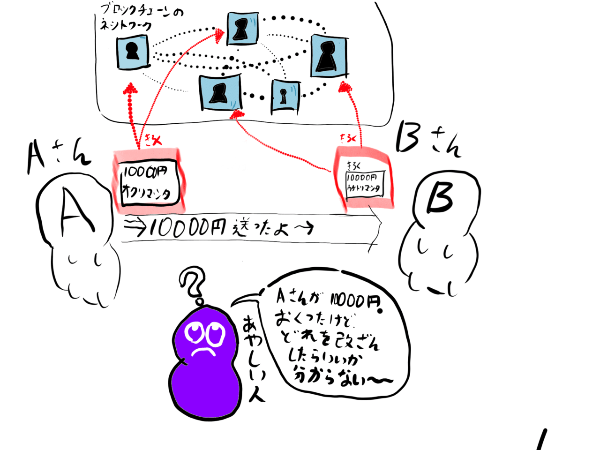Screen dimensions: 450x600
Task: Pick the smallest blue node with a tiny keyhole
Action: pyautogui.click(x=284, y=96)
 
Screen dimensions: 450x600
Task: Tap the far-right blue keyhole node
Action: pyautogui.click(x=329, y=56)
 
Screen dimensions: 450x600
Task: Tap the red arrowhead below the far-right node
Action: pyautogui.click(x=346, y=86)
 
